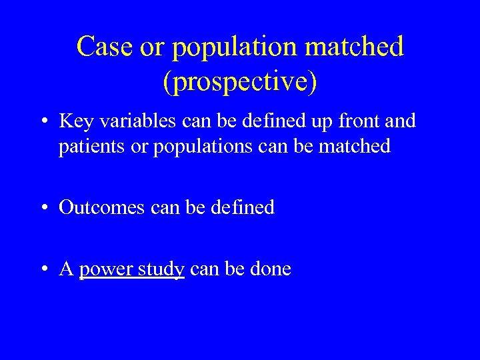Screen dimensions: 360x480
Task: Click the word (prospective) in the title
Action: click(240, 81)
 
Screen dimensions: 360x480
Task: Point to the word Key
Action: click(73, 121)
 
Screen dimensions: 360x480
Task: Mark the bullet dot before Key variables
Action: click(44, 122)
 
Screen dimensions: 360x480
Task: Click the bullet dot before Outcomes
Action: click(44, 208)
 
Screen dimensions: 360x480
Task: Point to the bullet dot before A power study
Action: click(44, 269)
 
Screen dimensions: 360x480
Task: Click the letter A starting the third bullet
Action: click(66, 269)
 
